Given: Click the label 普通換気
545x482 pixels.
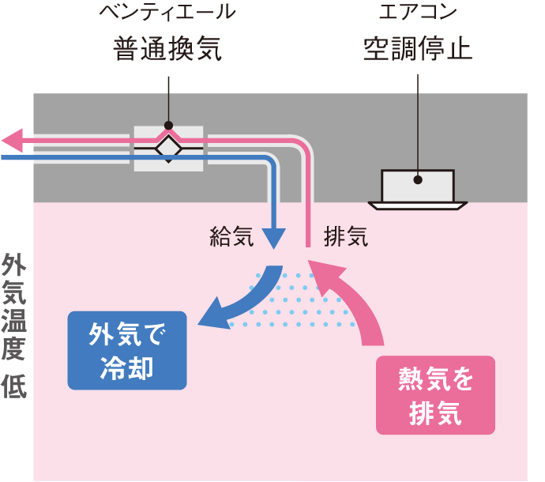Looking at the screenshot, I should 167,50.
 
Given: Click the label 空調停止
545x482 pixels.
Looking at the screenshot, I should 417,50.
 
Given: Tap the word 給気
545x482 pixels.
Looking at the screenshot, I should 231,237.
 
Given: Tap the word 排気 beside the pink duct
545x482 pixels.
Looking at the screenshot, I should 346,237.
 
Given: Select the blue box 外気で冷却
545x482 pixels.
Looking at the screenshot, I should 127,351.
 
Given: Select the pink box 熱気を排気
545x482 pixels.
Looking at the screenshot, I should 435,395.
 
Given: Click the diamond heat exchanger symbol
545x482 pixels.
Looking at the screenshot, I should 167,148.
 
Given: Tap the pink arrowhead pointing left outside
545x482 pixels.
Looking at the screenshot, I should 13,141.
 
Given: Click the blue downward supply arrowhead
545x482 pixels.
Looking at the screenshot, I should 273,237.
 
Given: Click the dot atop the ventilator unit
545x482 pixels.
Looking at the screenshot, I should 167,125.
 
